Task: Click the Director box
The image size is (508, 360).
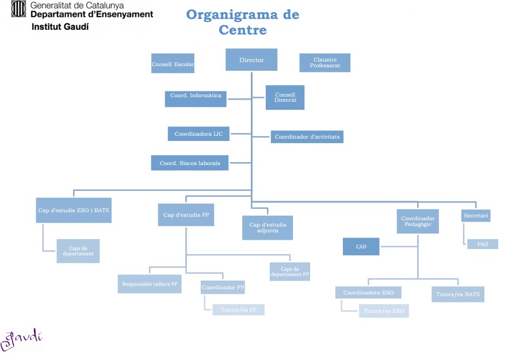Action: [x=251, y=60]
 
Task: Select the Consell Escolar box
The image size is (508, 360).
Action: [x=173, y=64]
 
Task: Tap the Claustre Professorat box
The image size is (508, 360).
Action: [x=324, y=63]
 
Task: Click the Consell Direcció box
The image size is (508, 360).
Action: [x=285, y=97]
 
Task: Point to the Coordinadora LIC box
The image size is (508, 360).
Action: [x=198, y=134]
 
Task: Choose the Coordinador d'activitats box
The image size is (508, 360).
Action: [x=307, y=137]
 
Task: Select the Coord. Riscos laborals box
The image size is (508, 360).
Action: [x=189, y=163]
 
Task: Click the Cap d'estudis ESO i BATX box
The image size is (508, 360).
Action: [x=72, y=211]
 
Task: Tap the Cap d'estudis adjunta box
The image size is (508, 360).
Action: [x=268, y=228]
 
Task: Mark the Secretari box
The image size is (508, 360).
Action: [x=476, y=216]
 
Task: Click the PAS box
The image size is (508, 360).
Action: [x=482, y=244]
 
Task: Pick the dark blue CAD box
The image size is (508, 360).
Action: [x=361, y=247]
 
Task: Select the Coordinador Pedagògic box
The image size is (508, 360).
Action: [x=418, y=221]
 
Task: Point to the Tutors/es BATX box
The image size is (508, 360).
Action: [x=457, y=294]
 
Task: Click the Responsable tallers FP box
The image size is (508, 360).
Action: [x=150, y=284]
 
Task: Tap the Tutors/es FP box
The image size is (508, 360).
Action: [x=238, y=310]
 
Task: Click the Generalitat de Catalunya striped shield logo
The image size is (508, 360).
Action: [x=18, y=9]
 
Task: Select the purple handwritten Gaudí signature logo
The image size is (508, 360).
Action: [x=21, y=339]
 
